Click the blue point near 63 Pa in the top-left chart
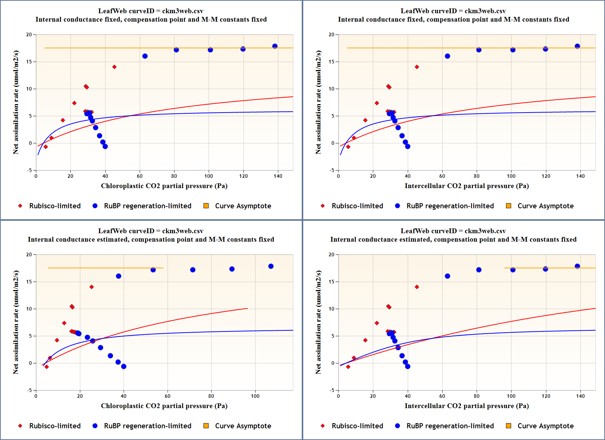click(145, 56)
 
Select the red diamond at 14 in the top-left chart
click(114, 67)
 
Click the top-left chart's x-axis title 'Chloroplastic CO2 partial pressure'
click(164, 186)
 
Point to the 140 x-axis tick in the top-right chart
click(580, 176)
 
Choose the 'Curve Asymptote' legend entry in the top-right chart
click(545, 206)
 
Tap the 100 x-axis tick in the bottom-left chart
click(255, 396)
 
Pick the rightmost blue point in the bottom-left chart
click(271, 266)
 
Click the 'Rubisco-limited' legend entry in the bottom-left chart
click(55, 426)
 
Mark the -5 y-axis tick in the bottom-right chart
click(332, 390)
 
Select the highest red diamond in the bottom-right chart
click(417, 287)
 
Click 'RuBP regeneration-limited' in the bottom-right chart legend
click(450, 426)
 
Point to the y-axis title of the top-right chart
click(318, 102)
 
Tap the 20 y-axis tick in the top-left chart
click(29, 34)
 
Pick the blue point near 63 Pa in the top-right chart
click(447, 56)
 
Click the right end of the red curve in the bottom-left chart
click(247, 308)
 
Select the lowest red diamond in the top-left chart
click(46, 147)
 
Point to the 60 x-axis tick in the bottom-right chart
click(442, 396)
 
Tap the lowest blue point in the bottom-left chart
click(124, 366)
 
